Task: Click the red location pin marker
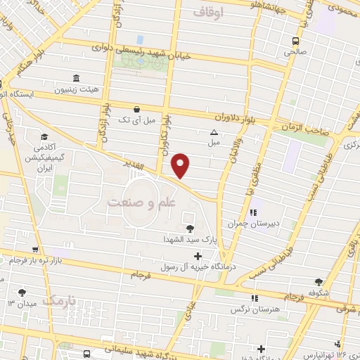(181, 165)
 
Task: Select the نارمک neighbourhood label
(58, 300)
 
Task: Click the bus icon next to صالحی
(295, 40)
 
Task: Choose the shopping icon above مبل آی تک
(136, 110)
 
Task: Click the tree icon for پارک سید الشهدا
(189, 228)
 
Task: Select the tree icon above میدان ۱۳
(22, 292)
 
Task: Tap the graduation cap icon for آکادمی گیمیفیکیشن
(44, 136)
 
